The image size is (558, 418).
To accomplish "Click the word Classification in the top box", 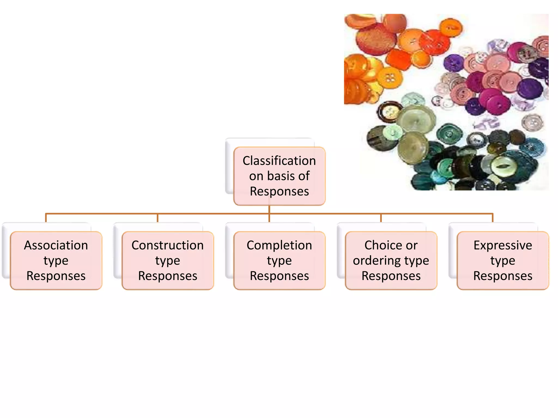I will [279, 161].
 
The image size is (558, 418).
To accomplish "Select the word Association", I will [56, 245].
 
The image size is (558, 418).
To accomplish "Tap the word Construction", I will [168, 245].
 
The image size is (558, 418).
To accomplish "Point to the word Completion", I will [279, 245].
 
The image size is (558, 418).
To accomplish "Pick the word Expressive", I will [503, 245].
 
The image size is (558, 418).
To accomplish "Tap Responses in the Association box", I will [56, 276].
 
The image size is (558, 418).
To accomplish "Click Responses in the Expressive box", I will [503, 276].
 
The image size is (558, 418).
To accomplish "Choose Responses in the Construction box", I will [168, 276].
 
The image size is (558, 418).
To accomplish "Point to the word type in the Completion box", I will [279, 261].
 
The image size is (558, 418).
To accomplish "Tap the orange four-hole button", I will [390, 79].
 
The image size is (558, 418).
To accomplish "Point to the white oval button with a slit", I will [502, 167].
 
